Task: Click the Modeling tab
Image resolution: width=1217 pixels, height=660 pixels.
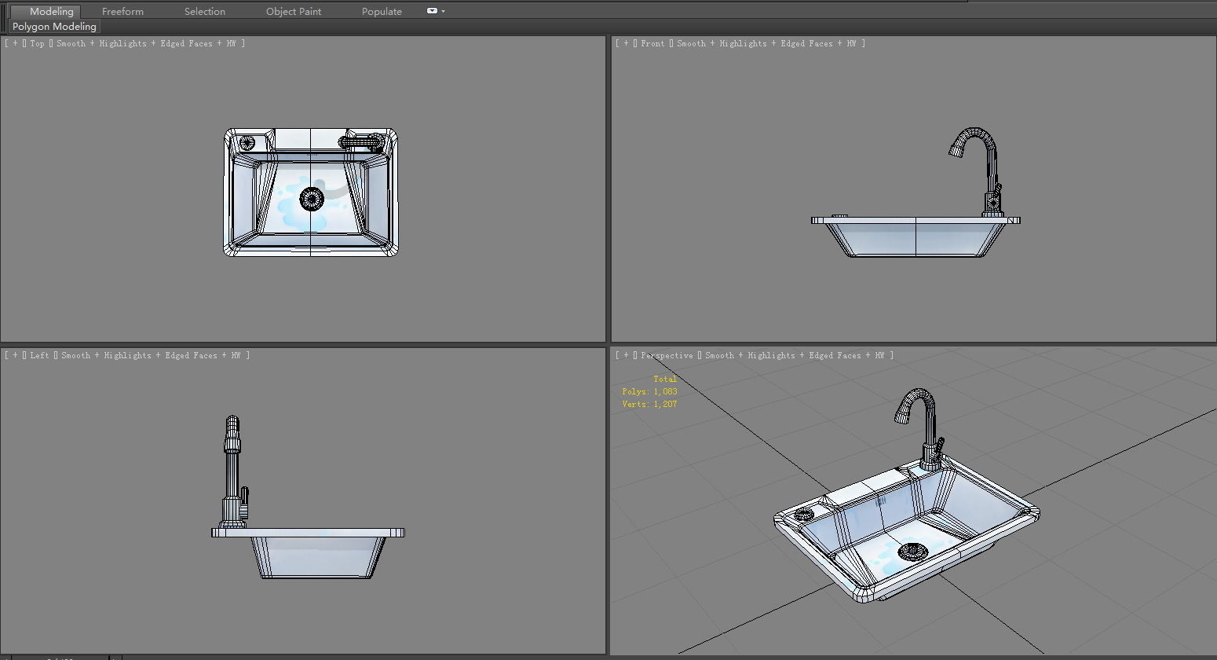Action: click(x=51, y=11)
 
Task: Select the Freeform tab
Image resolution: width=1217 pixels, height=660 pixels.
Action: click(x=122, y=11)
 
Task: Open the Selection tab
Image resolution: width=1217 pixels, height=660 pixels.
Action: click(x=204, y=11)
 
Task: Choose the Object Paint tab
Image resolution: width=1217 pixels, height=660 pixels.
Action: click(x=294, y=11)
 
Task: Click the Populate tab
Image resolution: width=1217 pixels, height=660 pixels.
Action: click(x=382, y=11)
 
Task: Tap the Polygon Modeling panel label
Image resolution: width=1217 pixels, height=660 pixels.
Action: click(x=54, y=26)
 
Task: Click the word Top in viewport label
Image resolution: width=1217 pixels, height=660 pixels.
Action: click(x=38, y=43)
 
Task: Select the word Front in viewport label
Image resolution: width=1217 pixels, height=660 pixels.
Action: click(x=652, y=43)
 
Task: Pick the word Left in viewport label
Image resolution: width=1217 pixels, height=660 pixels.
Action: click(x=39, y=355)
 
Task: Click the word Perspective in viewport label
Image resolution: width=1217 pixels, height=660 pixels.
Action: click(x=667, y=355)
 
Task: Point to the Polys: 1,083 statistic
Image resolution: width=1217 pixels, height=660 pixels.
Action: click(x=649, y=391)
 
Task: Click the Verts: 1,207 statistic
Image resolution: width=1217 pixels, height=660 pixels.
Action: click(x=649, y=404)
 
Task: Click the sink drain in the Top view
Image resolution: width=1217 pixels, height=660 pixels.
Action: click(x=312, y=199)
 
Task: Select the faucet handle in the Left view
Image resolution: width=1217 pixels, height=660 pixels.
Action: click(x=244, y=498)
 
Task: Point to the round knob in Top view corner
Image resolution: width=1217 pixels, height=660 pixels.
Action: click(x=247, y=142)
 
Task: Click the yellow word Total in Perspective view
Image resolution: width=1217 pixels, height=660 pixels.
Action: click(x=664, y=379)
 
